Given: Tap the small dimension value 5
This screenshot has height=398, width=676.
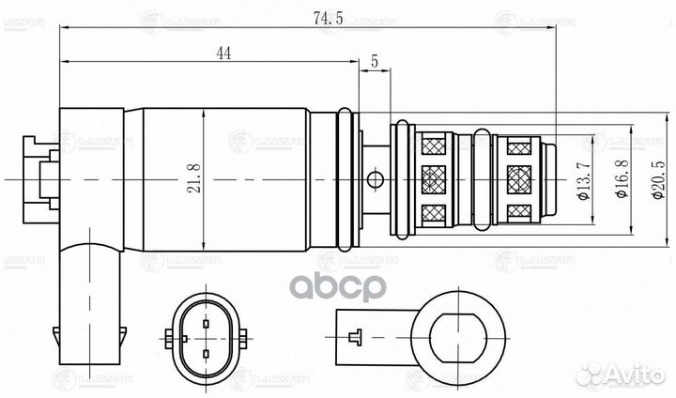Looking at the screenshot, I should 375,61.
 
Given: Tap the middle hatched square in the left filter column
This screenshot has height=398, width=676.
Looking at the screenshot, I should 434,177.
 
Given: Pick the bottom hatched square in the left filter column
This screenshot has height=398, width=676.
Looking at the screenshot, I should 434,212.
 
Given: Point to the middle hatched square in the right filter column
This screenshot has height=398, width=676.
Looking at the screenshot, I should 518,177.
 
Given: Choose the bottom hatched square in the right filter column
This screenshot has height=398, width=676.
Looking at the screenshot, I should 518,212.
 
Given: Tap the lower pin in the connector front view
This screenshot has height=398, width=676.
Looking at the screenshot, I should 205,353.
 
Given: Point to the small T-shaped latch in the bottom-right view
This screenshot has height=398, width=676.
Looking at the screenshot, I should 354,334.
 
